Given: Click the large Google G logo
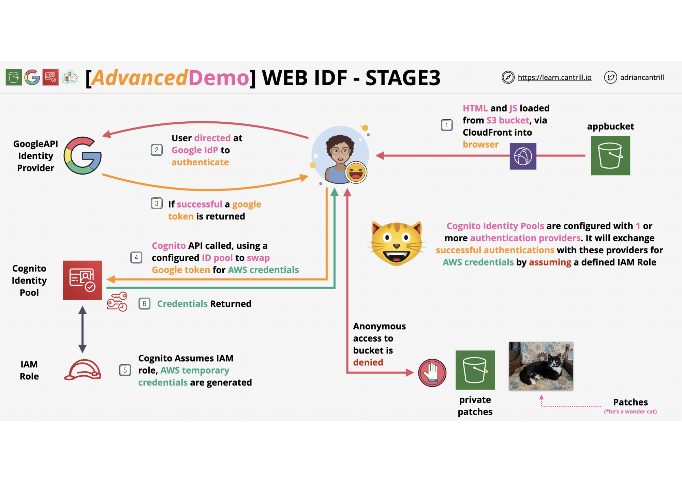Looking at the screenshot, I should [x=82, y=156].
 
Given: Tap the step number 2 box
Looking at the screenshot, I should [x=157, y=150].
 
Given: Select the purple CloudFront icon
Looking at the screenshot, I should [x=523, y=156].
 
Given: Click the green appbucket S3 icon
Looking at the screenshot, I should [x=610, y=156].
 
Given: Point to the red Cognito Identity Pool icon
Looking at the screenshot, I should [x=82, y=280].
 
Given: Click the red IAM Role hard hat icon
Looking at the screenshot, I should [x=83, y=370].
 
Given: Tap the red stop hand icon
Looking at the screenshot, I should [x=432, y=373].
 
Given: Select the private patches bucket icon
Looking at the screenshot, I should [x=475, y=370].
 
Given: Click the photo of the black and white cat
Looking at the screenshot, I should [x=541, y=366].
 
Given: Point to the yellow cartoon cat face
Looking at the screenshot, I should [x=397, y=243].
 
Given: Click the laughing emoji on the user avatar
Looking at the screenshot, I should [x=356, y=172].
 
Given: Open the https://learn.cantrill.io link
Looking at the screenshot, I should [x=554, y=77].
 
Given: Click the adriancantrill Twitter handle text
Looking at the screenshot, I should [x=642, y=77].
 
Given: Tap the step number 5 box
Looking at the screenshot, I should [x=125, y=370].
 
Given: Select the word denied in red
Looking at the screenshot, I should [x=368, y=362].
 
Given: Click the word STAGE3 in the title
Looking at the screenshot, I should [x=403, y=78].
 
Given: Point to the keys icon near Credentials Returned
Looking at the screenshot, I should [x=117, y=302].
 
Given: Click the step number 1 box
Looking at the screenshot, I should [x=446, y=125].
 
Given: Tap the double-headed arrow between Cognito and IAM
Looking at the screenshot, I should [x=82, y=329].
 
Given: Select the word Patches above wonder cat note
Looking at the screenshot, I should [x=630, y=402].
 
